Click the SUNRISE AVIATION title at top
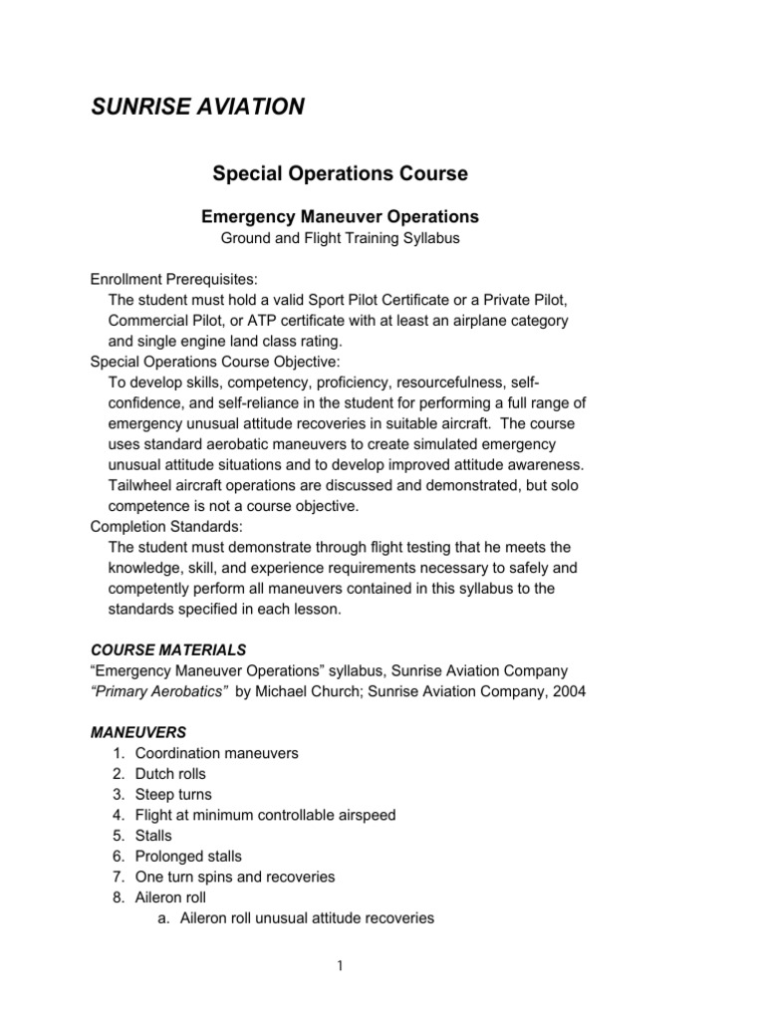(197, 107)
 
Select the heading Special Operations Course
(340, 173)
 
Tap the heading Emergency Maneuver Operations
(340, 216)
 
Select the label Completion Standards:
(159, 526)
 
